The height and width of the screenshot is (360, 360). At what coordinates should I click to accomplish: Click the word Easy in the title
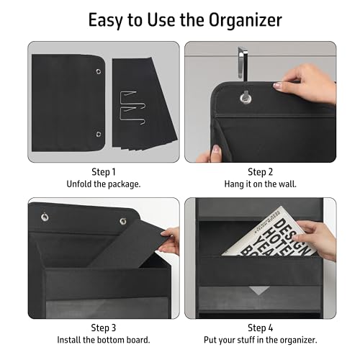(104, 19)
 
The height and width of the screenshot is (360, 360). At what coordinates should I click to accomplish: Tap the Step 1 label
(104, 171)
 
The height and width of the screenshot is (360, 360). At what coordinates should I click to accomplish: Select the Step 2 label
(260, 171)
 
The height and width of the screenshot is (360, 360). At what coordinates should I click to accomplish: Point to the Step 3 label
(104, 327)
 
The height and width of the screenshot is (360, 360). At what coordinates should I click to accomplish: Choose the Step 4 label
(260, 327)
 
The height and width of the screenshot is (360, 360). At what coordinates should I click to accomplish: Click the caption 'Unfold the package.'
(104, 184)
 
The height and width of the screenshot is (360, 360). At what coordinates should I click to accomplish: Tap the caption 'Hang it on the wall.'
(260, 184)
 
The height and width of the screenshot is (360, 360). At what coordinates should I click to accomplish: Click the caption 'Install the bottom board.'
(104, 339)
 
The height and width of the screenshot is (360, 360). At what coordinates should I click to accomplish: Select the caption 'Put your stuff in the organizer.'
(260, 339)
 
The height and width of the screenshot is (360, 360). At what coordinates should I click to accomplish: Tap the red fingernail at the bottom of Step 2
(216, 150)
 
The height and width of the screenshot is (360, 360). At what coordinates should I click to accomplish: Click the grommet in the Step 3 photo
(44, 217)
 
